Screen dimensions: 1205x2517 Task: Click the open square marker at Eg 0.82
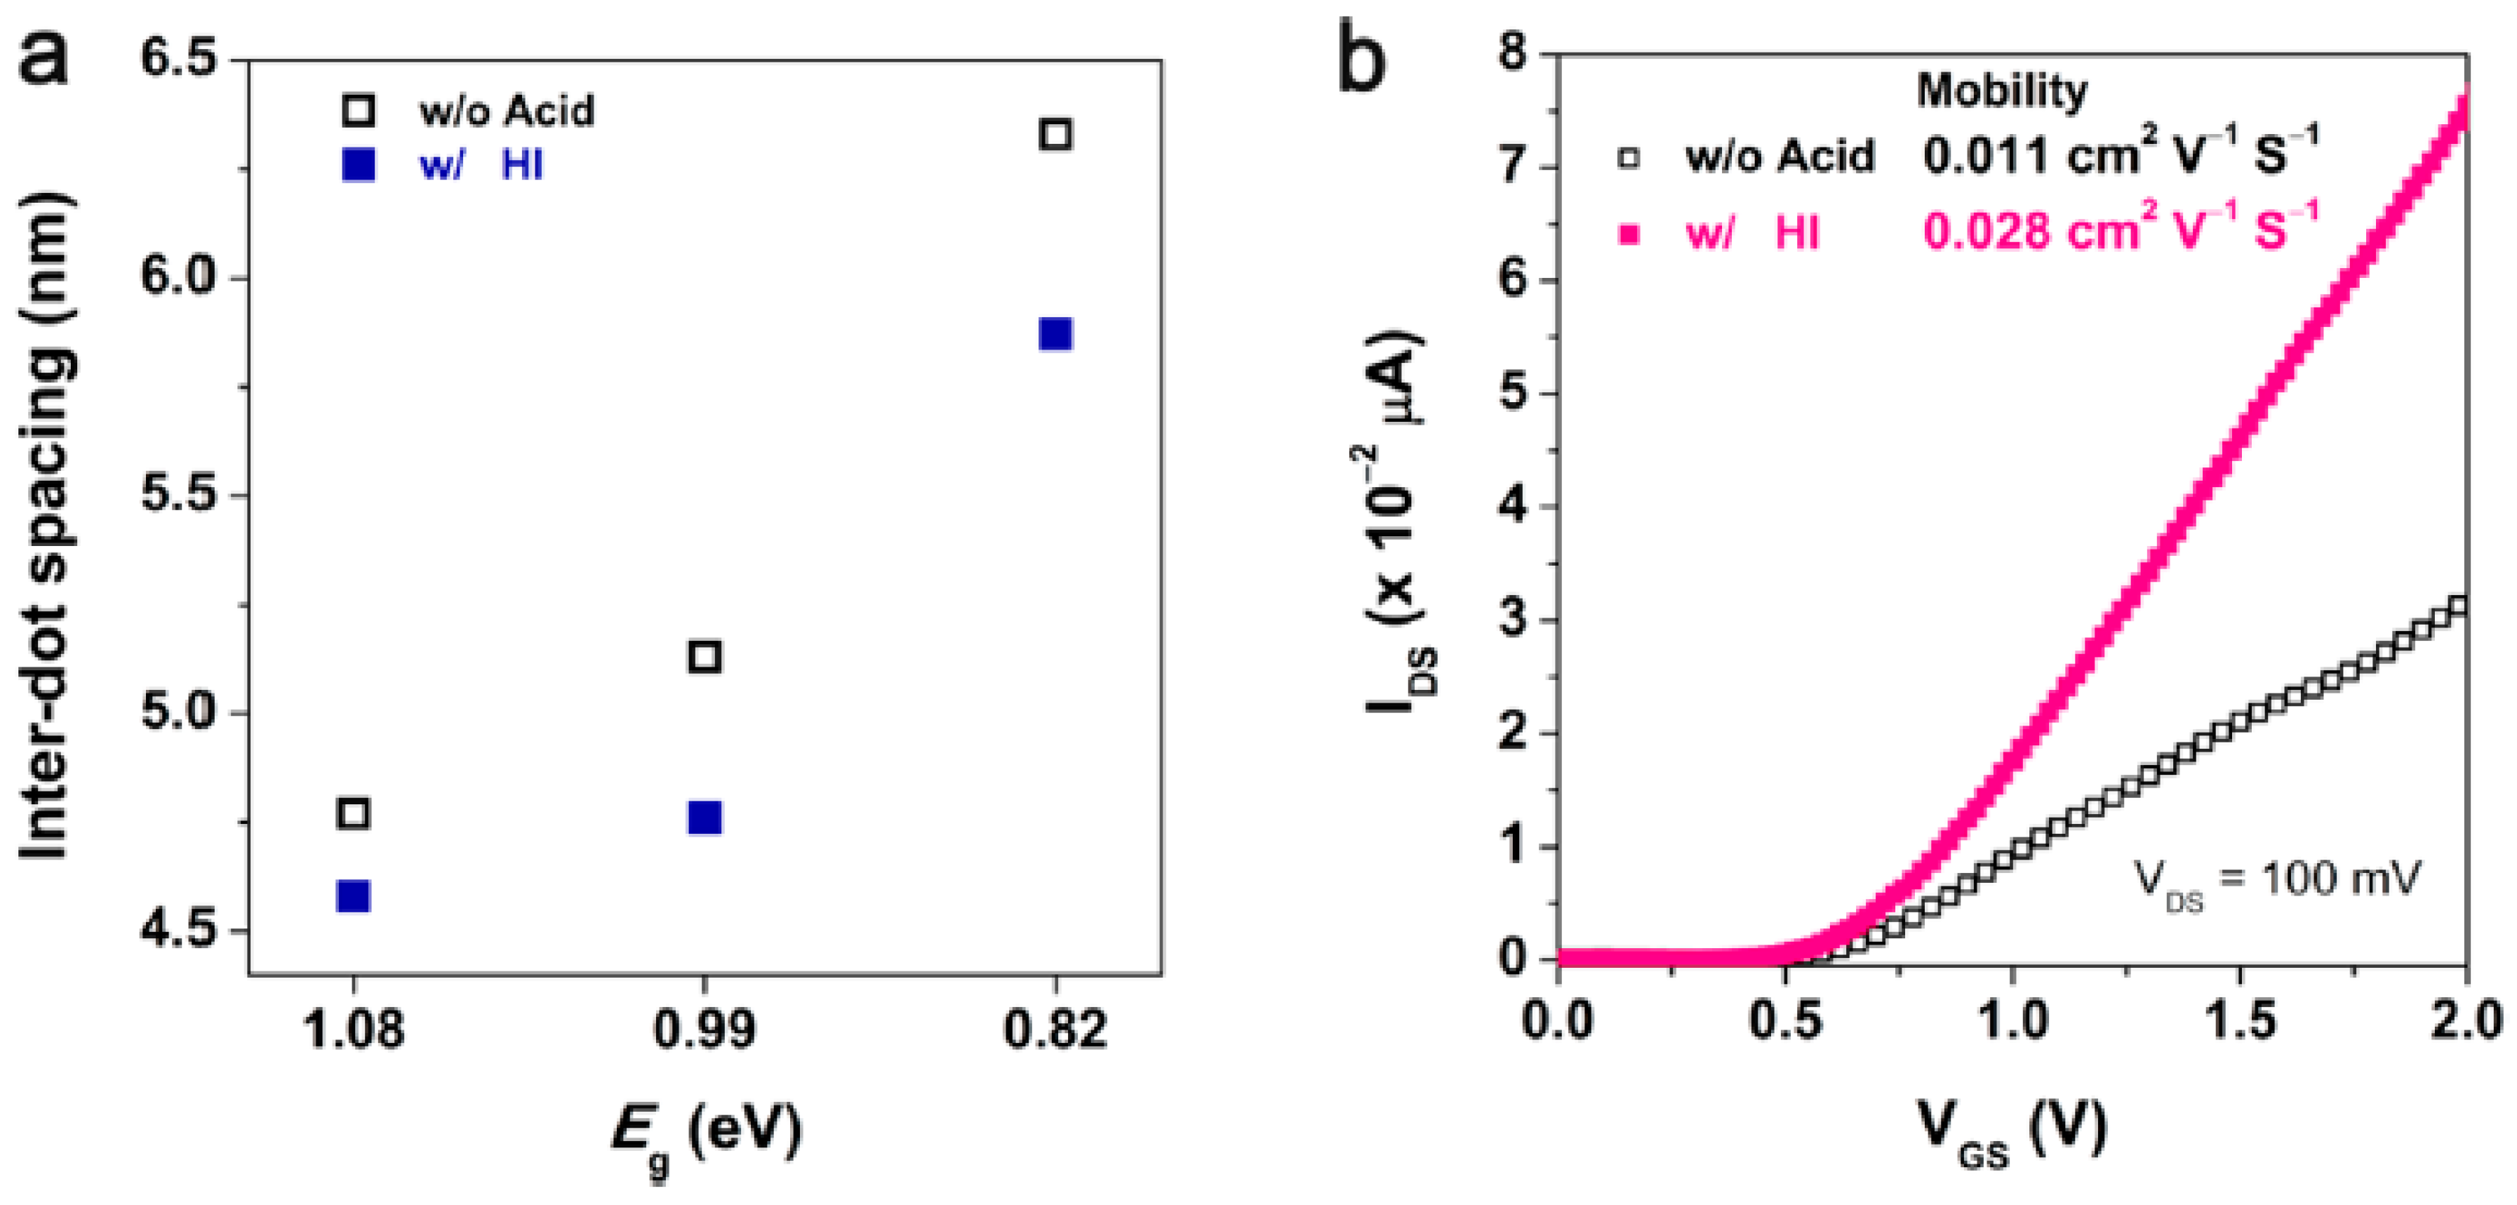[x=1055, y=134]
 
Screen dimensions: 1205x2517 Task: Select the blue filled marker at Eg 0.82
[x=1055, y=334]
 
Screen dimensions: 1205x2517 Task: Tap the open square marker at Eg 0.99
[x=705, y=657]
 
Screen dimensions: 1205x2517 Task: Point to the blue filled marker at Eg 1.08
[x=353, y=896]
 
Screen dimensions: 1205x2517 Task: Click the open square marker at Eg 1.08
[x=353, y=813]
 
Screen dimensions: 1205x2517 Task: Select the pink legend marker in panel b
[x=1628, y=234]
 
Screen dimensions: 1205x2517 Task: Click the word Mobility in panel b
[x=2001, y=91]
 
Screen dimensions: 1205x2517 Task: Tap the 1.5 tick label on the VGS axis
[x=2240, y=1021]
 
